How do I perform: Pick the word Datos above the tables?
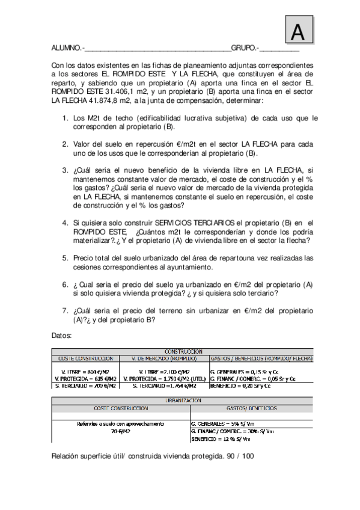tap(62, 334)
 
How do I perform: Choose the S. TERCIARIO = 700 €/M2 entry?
tap(86, 386)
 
